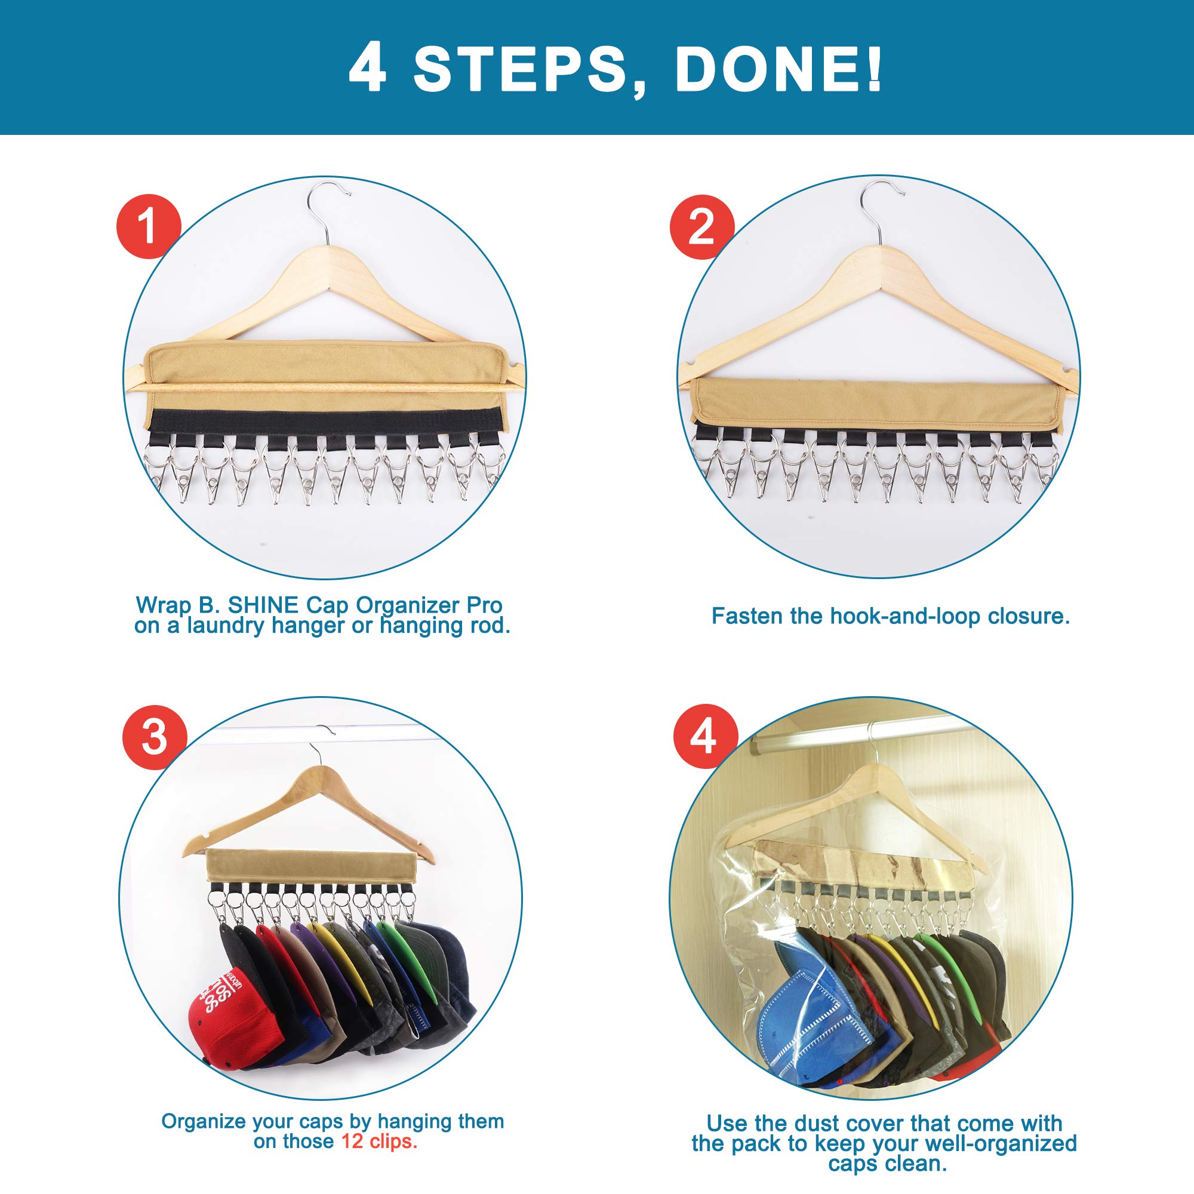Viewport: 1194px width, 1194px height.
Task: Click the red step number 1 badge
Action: click(x=148, y=226)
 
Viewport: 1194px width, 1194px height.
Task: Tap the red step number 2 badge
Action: click(x=701, y=226)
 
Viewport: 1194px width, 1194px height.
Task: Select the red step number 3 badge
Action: click(x=155, y=737)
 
